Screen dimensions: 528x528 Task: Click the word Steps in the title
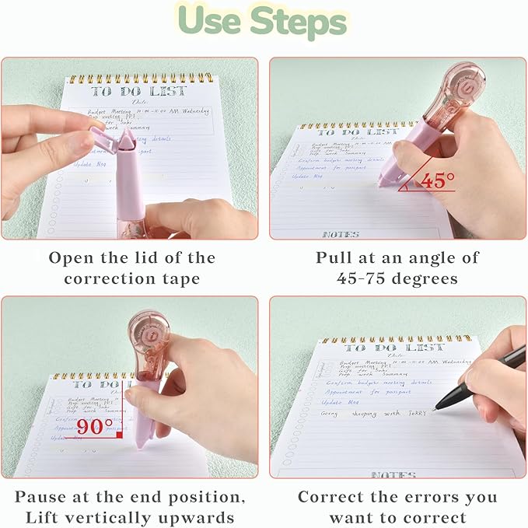(x=299, y=23)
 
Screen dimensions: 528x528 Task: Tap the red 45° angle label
(x=436, y=181)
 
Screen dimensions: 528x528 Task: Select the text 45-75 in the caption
(x=365, y=277)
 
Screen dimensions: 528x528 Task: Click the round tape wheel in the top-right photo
(x=460, y=86)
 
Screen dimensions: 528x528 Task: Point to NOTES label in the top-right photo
(x=341, y=234)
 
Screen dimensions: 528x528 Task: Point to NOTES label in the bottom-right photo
(x=393, y=474)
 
